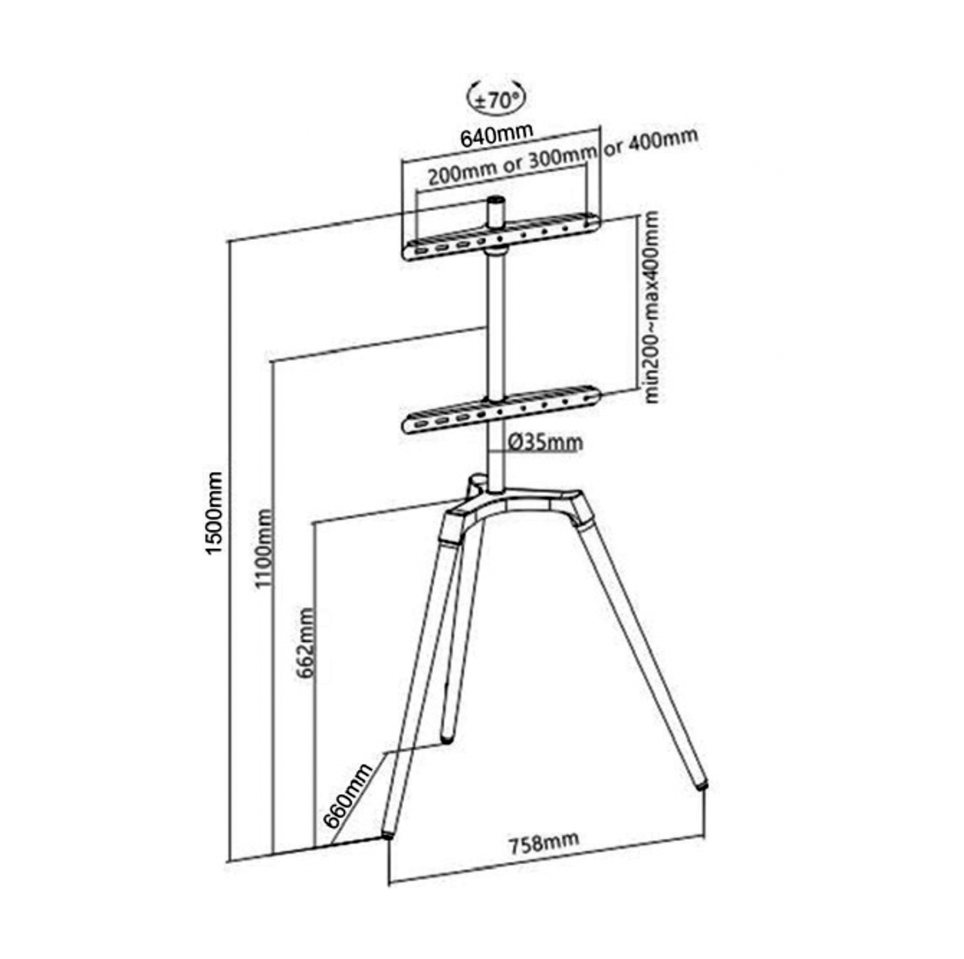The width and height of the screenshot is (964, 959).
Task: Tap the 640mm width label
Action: [x=496, y=134]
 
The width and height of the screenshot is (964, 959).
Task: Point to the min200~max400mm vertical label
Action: [x=652, y=308]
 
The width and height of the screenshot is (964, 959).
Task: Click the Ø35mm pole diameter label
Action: [x=545, y=442]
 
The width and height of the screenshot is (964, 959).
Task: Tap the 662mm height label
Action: [x=305, y=643]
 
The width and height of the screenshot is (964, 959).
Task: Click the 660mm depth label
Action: [x=348, y=795]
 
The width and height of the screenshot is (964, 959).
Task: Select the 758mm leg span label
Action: [x=544, y=842]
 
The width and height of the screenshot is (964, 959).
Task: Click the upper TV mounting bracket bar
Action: [x=501, y=238]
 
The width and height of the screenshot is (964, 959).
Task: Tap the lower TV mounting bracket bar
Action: [x=501, y=409]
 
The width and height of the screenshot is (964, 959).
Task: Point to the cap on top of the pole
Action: [x=495, y=213]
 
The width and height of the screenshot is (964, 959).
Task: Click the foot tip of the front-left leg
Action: [x=388, y=835]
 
